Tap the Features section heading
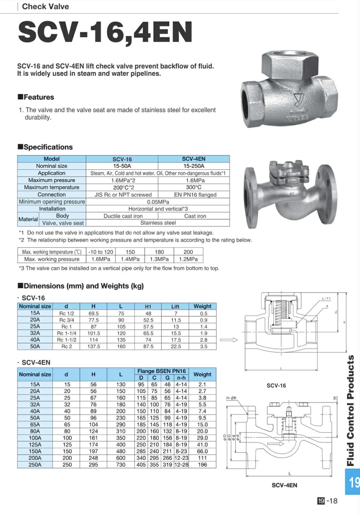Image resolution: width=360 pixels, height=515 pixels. (36, 97)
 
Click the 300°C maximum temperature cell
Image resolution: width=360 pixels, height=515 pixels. (194, 187)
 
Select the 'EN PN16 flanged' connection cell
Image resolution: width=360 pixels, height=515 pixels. (195, 195)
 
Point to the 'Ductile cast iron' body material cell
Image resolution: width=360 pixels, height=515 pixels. (123, 216)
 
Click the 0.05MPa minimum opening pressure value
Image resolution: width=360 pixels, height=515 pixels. (158, 202)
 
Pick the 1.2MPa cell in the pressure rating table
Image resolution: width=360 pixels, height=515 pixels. (188, 259)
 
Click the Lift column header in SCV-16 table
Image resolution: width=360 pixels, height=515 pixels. (175, 306)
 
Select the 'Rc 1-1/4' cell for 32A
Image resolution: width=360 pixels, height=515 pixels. (66, 333)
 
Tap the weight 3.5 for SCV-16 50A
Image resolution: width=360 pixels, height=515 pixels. (204, 346)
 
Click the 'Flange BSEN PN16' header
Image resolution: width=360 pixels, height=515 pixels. (161, 371)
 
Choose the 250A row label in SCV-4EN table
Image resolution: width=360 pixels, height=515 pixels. (35, 465)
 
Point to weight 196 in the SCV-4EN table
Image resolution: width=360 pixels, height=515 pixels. (202, 465)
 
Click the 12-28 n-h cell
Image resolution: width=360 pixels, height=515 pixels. (181, 465)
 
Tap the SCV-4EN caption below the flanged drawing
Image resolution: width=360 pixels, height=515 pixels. (284, 485)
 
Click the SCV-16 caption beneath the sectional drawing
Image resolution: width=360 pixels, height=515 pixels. (276, 385)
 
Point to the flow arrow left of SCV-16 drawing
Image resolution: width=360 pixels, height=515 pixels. (229, 339)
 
